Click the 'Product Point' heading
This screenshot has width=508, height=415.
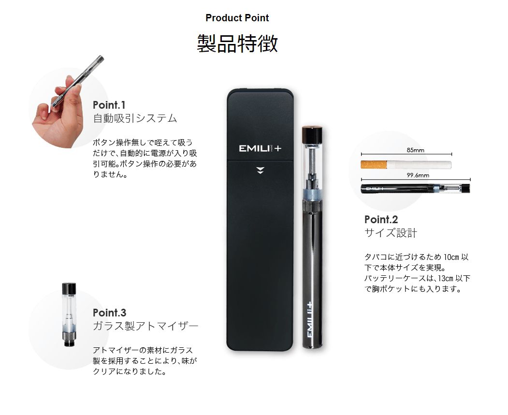[x=237, y=18]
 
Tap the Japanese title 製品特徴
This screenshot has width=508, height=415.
[x=237, y=43]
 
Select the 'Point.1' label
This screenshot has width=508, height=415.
[x=109, y=105]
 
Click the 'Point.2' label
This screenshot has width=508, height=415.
[x=381, y=219]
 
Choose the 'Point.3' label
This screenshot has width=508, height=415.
[x=110, y=313]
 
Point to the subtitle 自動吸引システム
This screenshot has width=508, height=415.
[x=135, y=118]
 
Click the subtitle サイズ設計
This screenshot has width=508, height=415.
[x=391, y=233]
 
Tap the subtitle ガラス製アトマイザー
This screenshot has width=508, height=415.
[x=145, y=326]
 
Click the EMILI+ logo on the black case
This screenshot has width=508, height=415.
[x=260, y=148]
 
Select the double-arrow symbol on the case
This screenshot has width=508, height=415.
[x=260, y=170]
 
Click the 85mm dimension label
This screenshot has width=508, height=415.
[x=415, y=150]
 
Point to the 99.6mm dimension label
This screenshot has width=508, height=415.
[x=418, y=175]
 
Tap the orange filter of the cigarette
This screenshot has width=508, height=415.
[x=374, y=165]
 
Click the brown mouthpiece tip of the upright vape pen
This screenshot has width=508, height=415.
[x=312, y=133]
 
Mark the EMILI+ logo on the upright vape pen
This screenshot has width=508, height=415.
[x=309, y=319]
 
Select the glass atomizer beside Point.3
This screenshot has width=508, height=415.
[x=69, y=315]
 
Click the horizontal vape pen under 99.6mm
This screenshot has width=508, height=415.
[x=415, y=188]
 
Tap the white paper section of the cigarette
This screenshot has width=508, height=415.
[x=419, y=165]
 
